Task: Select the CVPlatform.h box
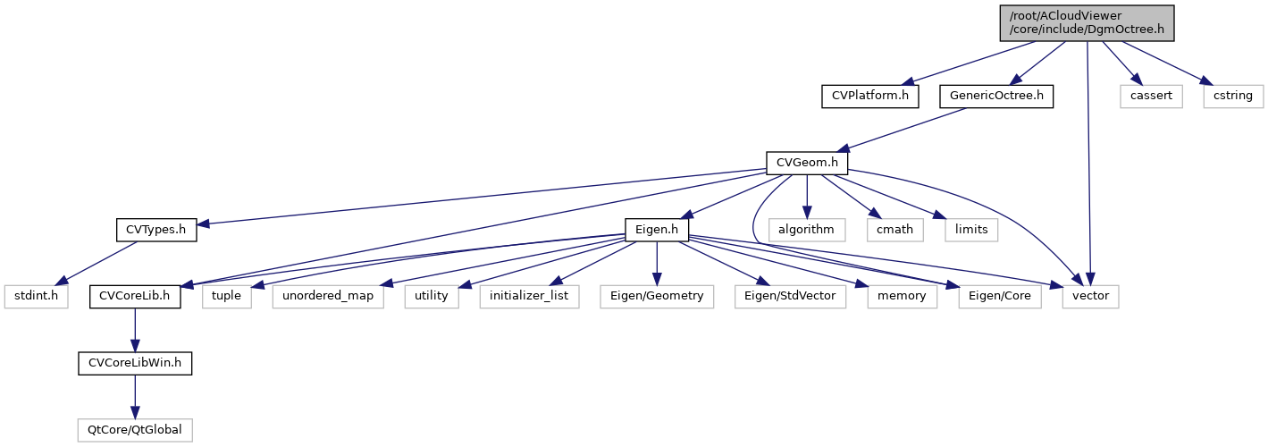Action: tap(870, 95)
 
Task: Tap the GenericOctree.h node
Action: tap(996, 95)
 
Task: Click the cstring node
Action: tap(1232, 95)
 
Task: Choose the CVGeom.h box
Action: tap(807, 163)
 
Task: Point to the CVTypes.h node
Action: tap(156, 230)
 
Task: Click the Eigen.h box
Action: tap(657, 230)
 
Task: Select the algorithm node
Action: tap(807, 230)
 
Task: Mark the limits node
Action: tap(971, 230)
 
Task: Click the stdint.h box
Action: tap(35, 296)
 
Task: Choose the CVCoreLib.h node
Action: tap(135, 296)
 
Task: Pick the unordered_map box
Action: tap(328, 296)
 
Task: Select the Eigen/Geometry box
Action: tap(657, 296)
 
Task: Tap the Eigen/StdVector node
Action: tap(791, 296)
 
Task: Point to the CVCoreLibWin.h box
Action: tap(135, 363)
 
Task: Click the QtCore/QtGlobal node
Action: tap(135, 430)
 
